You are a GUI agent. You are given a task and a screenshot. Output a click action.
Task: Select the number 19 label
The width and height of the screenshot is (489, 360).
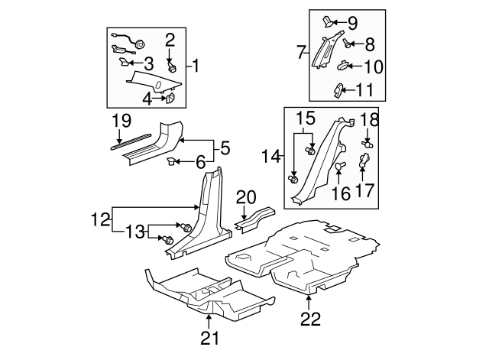[x=121, y=120]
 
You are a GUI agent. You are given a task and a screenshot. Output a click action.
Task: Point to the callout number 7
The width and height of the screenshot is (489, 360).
[x=300, y=54]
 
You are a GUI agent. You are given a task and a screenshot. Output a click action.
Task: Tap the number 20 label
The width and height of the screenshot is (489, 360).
[x=246, y=196]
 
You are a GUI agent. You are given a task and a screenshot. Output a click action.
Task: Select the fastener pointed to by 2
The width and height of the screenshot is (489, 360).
[x=172, y=66]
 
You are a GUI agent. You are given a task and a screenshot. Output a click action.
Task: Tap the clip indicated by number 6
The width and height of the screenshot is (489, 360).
[x=172, y=161]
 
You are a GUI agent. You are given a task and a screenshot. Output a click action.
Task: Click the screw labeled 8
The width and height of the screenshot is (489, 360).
[x=347, y=45]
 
